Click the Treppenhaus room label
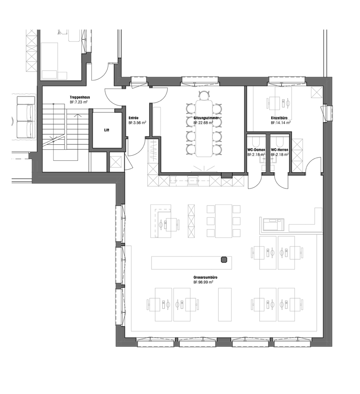click(x=80, y=97)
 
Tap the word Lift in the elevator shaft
click(x=107, y=130)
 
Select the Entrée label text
click(x=133, y=118)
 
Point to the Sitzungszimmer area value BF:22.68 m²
click(x=203, y=123)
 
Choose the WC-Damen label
click(x=255, y=149)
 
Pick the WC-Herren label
click(x=280, y=149)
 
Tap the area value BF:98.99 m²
click(x=203, y=282)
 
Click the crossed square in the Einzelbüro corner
click(x=316, y=92)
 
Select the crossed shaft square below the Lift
click(x=115, y=162)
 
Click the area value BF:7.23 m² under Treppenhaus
click(x=80, y=102)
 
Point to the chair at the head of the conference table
click(x=204, y=94)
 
